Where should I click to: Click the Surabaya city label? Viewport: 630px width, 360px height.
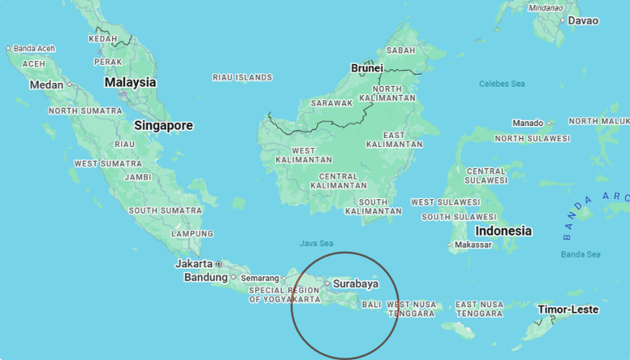(x=355, y=284)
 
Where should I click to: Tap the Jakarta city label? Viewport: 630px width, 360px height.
(x=193, y=263)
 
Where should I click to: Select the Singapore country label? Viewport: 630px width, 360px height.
(x=163, y=126)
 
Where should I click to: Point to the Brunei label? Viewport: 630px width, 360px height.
(x=367, y=68)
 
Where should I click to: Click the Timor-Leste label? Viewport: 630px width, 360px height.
(x=567, y=310)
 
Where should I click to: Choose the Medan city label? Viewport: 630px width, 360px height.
(x=46, y=85)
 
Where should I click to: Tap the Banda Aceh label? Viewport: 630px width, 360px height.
(x=34, y=49)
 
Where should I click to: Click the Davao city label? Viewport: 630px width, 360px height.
(x=582, y=20)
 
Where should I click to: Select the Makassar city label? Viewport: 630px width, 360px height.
(x=474, y=245)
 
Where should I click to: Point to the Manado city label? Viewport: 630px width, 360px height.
(x=528, y=123)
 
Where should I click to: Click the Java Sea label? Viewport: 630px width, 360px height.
(x=316, y=243)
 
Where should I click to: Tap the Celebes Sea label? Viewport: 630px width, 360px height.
(x=502, y=84)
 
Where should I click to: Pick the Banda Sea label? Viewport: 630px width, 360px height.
(x=580, y=254)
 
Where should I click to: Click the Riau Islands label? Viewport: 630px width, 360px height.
(x=241, y=77)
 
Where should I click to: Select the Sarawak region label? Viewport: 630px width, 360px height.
(x=332, y=103)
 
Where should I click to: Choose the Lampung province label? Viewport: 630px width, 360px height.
(x=193, y=233)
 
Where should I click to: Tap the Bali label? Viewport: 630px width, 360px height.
(x=371, y=305)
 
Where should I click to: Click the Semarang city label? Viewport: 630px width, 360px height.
(x=260, y=278)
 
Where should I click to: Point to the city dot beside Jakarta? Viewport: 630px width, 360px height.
(x=219, y=264)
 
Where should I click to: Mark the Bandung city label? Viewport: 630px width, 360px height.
(x=206, y=277)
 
